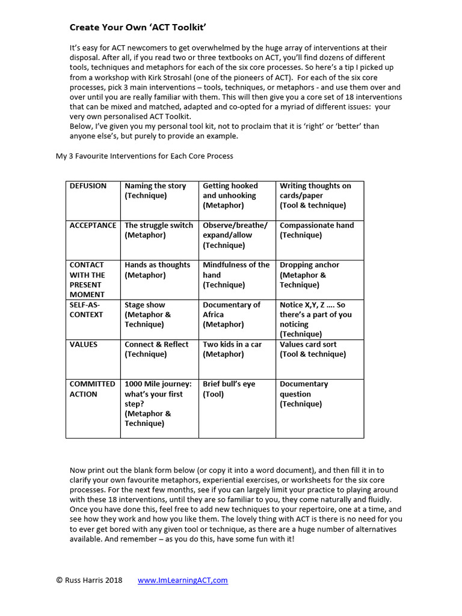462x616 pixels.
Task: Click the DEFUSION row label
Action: (88, 186)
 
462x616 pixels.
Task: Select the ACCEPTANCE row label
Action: (93, 225)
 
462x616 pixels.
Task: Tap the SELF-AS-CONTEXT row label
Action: (87, 309)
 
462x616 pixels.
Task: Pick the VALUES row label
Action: (84, 345)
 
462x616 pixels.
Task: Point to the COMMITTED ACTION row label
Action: (92, 389)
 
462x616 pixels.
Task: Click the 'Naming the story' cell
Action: (155, 191)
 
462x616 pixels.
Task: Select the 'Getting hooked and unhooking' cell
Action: (230, 196)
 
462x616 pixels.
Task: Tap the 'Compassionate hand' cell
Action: (316, 230)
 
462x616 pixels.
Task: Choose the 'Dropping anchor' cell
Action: (309, 274)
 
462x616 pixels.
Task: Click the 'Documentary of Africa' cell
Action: (232, 314)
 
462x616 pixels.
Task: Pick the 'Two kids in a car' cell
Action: (232, 349)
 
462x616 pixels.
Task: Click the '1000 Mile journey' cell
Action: (158, 403)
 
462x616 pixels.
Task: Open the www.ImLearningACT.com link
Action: (183, 581)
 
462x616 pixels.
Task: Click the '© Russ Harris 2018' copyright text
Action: (89, 581)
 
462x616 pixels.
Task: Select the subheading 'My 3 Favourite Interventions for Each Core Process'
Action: (144, 156)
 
